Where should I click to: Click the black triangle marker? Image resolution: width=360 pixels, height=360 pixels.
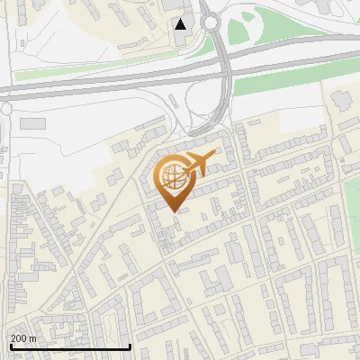(181, 24)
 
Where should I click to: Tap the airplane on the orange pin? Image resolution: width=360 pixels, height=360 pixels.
(199, 164)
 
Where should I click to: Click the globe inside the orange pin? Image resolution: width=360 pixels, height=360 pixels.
(174, 177)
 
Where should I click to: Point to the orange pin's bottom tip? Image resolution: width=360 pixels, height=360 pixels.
(175, 211)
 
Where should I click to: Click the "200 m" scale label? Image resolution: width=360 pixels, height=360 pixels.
(23, 337)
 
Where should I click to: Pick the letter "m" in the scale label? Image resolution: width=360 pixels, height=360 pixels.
(32, 337)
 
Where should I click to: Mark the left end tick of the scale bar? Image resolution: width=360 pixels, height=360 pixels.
(10, 345)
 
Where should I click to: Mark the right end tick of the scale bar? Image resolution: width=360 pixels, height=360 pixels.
(131, 345)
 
